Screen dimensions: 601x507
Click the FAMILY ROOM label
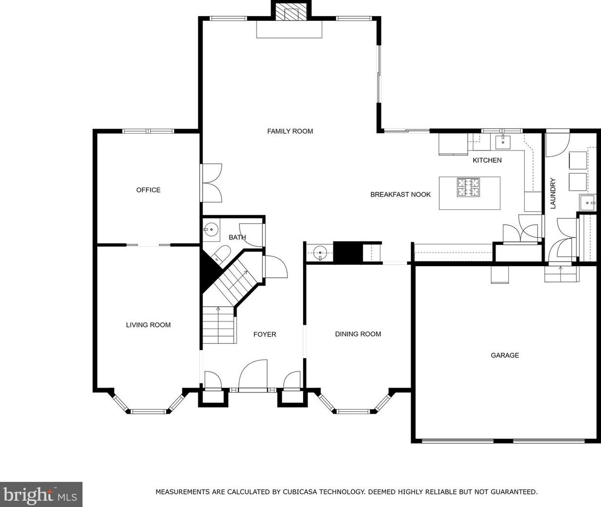290,131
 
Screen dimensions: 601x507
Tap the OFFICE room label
148,190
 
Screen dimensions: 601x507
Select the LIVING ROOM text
148,325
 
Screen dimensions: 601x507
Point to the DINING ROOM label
358,334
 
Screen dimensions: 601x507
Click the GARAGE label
505,355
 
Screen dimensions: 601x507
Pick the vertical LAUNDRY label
553,193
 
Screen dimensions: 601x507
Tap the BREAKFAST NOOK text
400,195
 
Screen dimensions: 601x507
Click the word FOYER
265,334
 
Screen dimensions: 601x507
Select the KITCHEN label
487,160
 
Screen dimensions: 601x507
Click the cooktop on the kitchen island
468,187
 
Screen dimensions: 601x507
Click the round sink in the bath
211,230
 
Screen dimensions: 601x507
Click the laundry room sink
587,203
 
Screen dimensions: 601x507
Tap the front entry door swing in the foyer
253,376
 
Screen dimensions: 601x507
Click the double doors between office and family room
211,183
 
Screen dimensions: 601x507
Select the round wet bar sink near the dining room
320,253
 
